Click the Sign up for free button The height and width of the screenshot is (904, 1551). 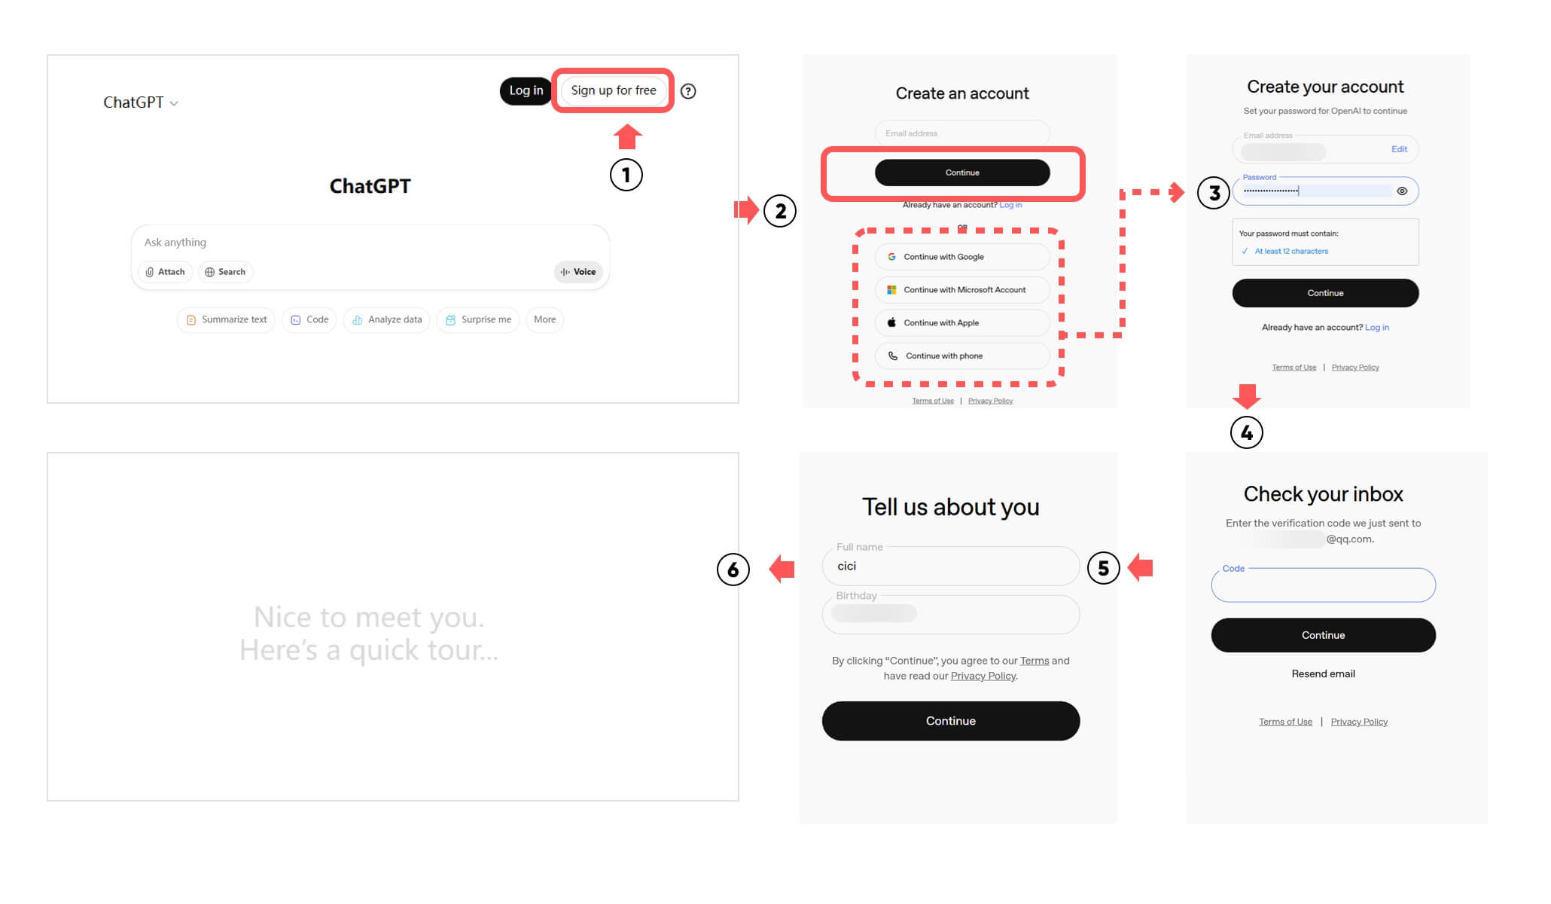click(613, 90)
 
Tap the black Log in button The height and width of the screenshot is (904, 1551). click(526, 91)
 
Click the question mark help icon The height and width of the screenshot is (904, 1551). click(688, 91)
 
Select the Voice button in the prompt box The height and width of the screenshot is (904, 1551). click(578, 272)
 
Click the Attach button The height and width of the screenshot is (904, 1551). click(166, 272)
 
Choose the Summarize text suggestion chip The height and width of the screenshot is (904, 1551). click(227, 319)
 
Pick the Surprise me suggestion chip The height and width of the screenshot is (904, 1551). click(478, 319)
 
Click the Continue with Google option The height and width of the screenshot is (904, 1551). click(962, 257)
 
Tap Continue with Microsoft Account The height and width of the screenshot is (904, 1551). click(962, 290)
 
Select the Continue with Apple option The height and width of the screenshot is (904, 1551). click(962, 323)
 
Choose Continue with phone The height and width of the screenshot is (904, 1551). click(962, 356)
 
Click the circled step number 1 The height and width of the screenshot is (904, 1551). click(626, 175)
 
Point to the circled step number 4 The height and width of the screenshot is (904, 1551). click(1247, 432)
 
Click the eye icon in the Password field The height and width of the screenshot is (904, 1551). click(1402, 191)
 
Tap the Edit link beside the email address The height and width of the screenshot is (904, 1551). click(1399, 149)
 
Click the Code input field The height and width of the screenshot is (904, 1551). click(1323, 585)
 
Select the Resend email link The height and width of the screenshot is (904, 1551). click(1323, 673)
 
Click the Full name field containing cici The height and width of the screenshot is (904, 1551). click(951, 567)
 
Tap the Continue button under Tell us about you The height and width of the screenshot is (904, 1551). click(951, 721)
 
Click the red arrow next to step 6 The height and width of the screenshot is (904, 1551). click(782, 569)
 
